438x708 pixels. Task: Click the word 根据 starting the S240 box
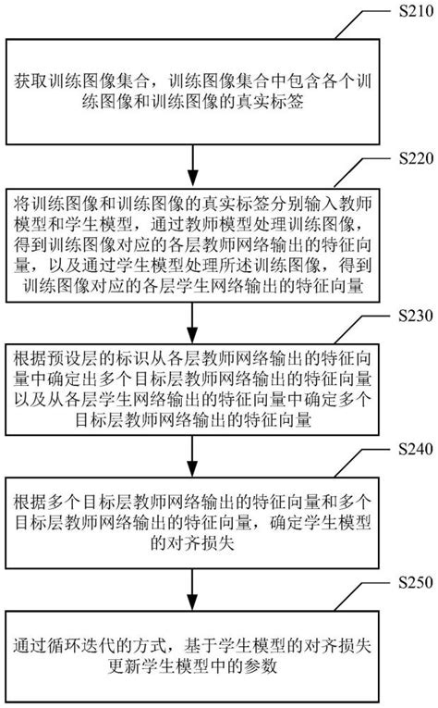tap(29, 502)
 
